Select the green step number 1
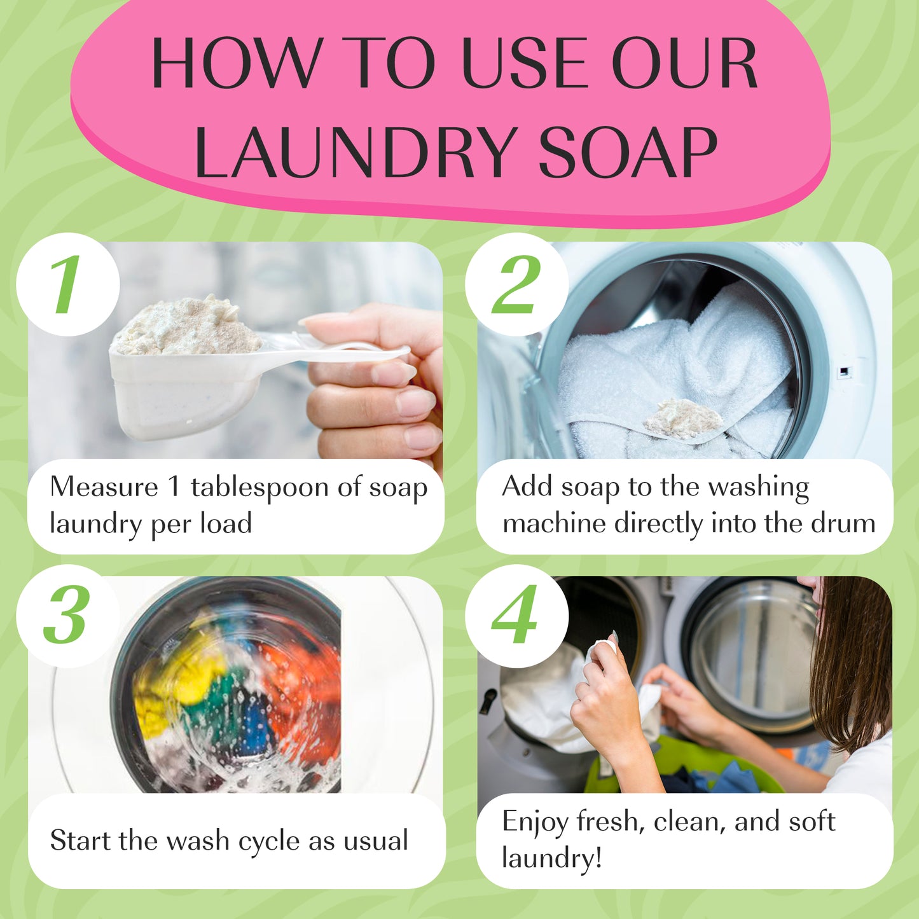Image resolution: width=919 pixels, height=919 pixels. tap(67, 284)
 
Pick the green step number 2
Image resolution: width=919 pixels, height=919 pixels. tap(516, 284)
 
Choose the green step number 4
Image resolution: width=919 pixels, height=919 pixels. tap(516, 615)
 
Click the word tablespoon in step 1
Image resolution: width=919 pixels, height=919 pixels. tap(260, 488)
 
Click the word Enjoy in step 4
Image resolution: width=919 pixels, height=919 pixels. tap(534, 822)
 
